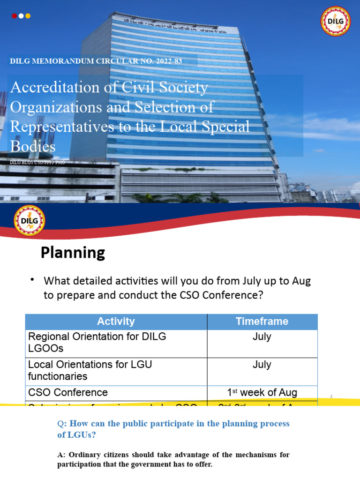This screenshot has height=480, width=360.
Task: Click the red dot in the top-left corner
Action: pyautogui.click(x=14, y=16)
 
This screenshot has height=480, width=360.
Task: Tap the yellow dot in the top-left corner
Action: pyautogui.click(x=28, y=16)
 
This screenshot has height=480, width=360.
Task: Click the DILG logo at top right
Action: pyautogui.click(x=335, y=21)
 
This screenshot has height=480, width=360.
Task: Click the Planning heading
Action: pyautogui.click(x=73, y=253)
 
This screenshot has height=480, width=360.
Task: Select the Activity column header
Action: pyautogui.click(x=116, y=322)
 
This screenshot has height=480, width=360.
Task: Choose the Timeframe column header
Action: pyautogui.click(x=262, y=322)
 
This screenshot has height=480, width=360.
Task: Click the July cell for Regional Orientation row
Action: pyautogui.click(x=262, y=337)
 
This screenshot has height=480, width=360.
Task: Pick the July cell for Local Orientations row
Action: pyautogui.click(x=262, y=365)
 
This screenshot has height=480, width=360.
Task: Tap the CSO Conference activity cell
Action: pyautogui.click(x=68, y=392)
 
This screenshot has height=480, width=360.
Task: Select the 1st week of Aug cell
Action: pyautogui.click(x=262, y=392)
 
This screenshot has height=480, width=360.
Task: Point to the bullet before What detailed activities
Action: pyautogui.click(x=32, y=280)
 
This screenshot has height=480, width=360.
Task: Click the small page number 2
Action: pyautogui.click(x=330, y=397)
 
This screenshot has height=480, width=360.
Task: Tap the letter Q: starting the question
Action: pyautogui.click(x=60, y=424)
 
